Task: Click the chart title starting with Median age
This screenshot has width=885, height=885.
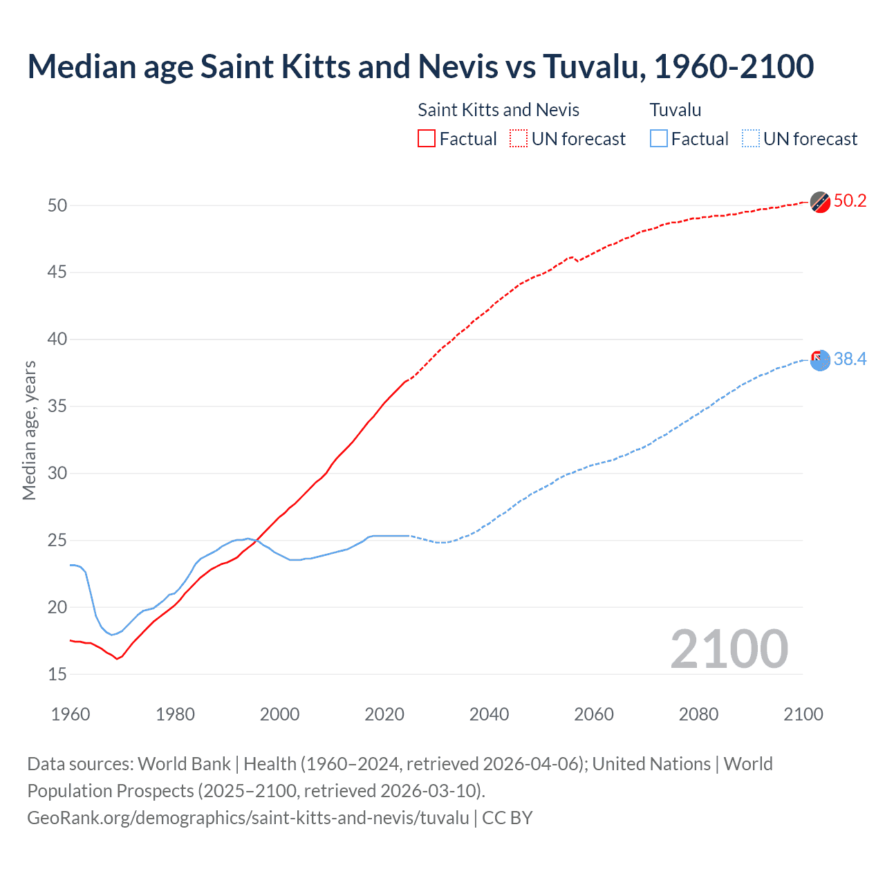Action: tap(420, 66)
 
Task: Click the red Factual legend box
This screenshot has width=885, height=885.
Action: tap(427, 138)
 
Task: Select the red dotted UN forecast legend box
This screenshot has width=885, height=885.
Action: tap(519, 138)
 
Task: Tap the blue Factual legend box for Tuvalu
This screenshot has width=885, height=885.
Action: tap(659, 138)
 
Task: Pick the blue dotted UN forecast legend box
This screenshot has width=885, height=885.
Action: tap(751, 138)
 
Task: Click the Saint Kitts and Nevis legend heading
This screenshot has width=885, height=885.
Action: tap(499, 110)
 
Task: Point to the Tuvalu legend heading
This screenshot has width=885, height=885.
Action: tap(676, 110)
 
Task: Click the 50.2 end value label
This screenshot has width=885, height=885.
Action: tap(850, 201)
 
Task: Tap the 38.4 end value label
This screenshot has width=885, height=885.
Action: tap(850, 359)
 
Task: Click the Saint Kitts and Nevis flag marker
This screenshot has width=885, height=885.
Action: tap(820, 202)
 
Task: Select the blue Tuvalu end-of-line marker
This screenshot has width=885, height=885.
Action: tap(820, 360)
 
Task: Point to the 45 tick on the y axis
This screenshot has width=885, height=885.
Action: tap(57, 272)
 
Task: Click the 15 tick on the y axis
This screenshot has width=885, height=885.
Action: tap(57, 674)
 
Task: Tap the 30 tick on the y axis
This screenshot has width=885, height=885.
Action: tap(57, 474)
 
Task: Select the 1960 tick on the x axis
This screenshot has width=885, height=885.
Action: tap(71, 714)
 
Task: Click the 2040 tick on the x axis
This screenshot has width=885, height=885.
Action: tap(489, 714)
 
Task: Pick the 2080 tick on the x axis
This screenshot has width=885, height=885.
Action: tap(698, 714)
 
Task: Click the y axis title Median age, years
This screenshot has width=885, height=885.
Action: tap(29, 430)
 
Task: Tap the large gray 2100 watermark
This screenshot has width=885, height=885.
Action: tap(729, 649)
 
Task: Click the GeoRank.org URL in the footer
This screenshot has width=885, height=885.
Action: tap(248, 818)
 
